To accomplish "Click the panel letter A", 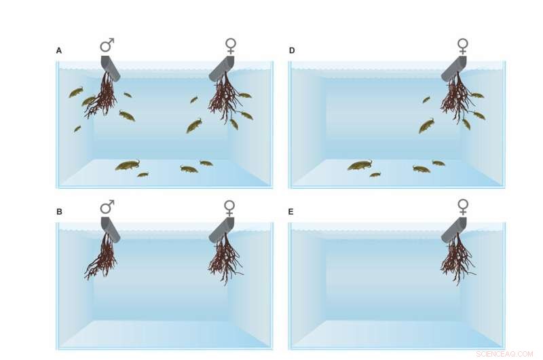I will pyautogui.click(x=59, y=50).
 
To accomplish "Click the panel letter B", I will pyautogui.click(x=59, y=212).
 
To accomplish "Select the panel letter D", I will pyautogui.click(x=292, y=50).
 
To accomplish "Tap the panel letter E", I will pyautogui.click(x=291, y=212).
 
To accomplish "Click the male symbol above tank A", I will pyautogui.click(x=107, y=45).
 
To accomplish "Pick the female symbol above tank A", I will pyautogui.click(x=231, y=46).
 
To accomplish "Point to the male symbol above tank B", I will pyautogui.click(x=107, y=207).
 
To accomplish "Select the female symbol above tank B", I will pyautogui.click(x=230, y=208).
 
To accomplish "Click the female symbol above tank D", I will pyautogui.click(x=463, y=46).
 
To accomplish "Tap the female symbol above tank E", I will pyautogui.click(x=463, y=206).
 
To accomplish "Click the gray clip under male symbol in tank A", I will pyautogui.click(x=111, y=68).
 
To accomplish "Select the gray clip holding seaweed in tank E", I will pyautogui.click(x=455, y=230).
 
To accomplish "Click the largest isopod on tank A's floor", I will pyautogui.click(x=127, y=165).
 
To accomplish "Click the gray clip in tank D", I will pyautogui.click(x=455, y=68).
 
